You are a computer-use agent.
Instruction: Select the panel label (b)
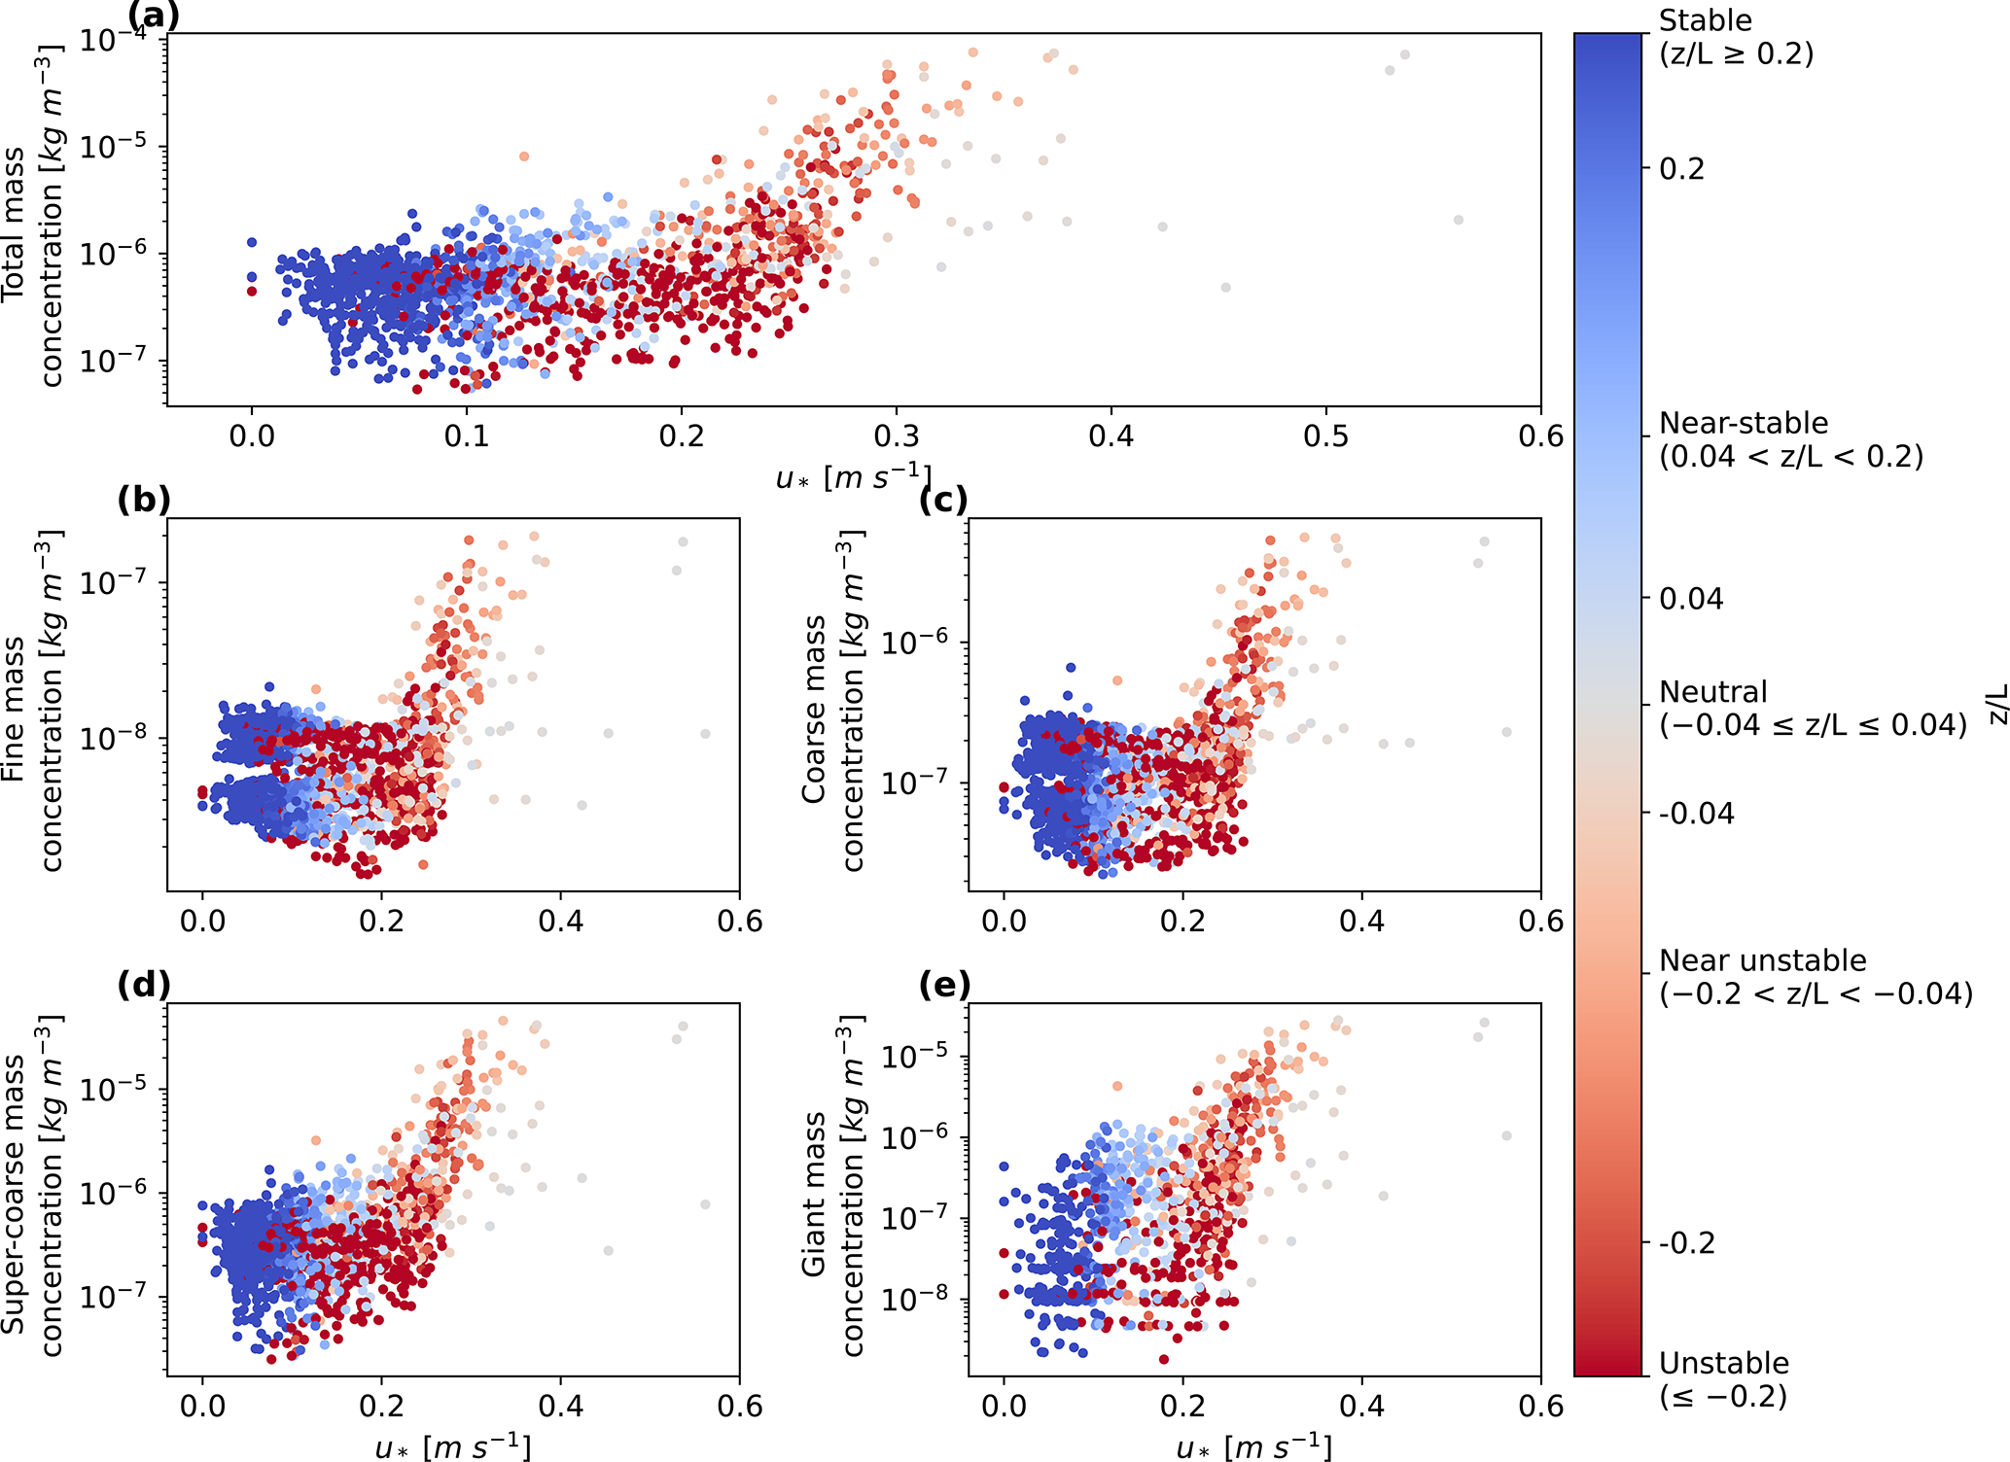pos(143,500)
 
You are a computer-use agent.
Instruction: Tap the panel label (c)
pos(943,500)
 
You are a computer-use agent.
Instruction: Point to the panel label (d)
pos(143,985)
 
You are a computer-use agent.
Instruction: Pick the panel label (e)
pos(943,985)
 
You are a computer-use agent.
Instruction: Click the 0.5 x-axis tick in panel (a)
pos(1325,435)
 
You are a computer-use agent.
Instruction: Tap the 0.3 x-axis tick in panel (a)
pos(896,435)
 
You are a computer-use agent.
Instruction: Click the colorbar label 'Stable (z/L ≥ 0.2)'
pos(1736,37)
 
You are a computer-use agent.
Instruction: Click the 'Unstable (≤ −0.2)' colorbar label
pos(1723,1379)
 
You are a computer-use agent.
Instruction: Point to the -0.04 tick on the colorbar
pos(1696,814)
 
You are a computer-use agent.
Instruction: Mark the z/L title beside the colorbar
pos(1996,704)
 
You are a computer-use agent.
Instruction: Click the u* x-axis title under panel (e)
pos(1253,1446)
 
